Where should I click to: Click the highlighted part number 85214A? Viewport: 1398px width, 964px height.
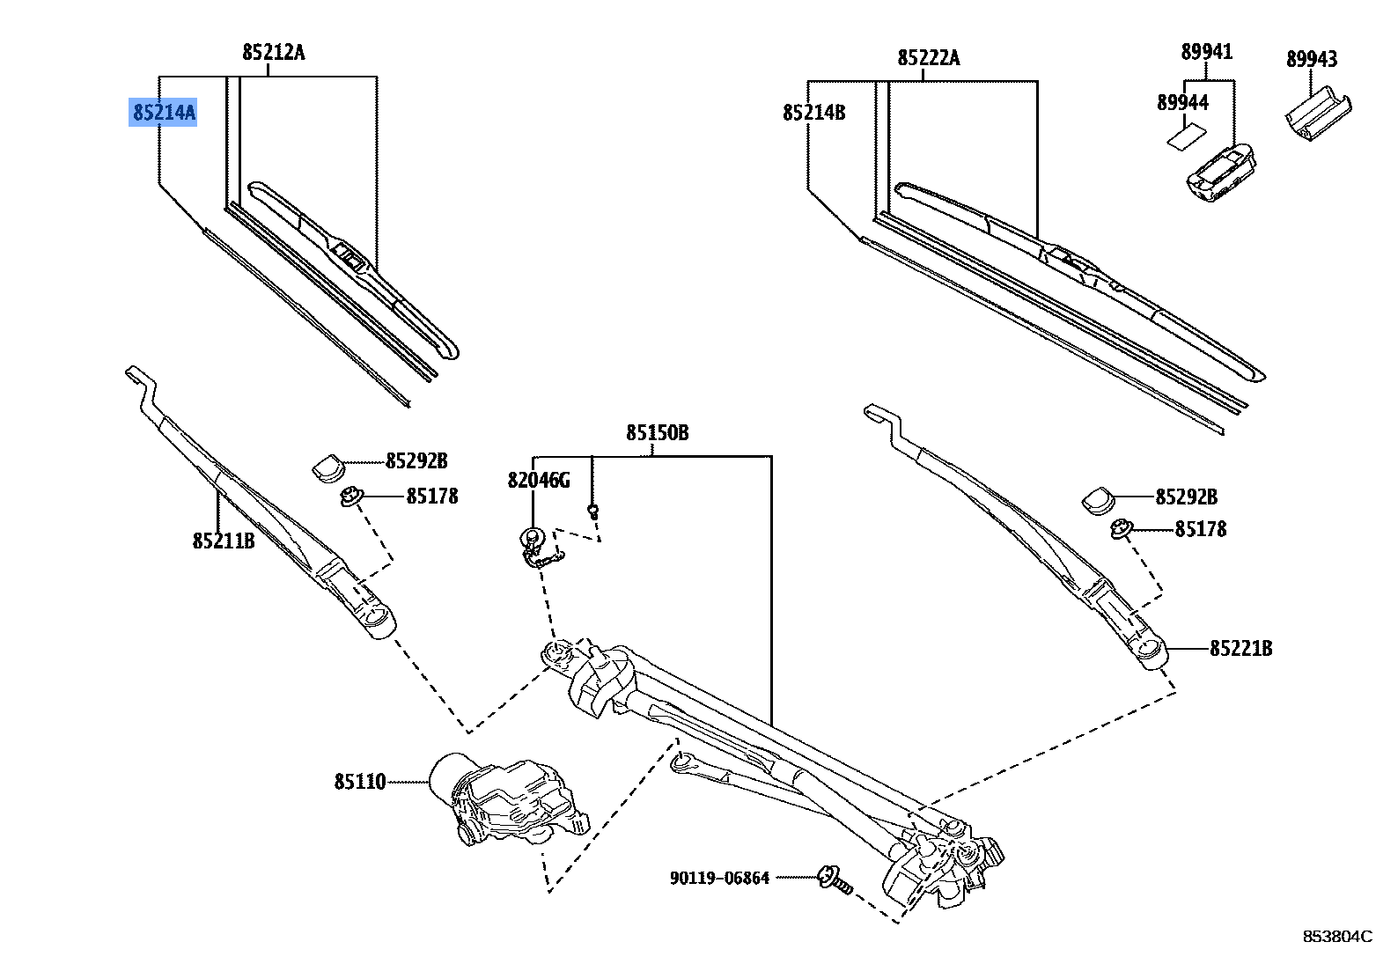[164, 113]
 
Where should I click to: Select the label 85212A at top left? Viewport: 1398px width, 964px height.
[274, 53]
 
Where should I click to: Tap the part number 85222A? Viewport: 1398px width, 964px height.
[928, 58]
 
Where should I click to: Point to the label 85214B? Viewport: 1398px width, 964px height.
[813, 113]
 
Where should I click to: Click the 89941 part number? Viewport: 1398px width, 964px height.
[1206, 52]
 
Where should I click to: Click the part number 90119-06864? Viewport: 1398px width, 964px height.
[719, 878]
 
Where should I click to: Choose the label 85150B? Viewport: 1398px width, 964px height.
[657, 433]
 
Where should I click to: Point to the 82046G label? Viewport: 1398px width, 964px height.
[538, 481]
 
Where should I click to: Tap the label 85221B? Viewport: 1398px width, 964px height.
[1240, 649]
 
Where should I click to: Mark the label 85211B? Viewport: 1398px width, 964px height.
[224, 541]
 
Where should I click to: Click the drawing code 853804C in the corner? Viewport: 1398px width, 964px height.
[1337, 937]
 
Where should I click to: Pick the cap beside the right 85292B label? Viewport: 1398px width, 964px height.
[1098, 499]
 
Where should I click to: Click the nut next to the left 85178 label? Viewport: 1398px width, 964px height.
[351, 497]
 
